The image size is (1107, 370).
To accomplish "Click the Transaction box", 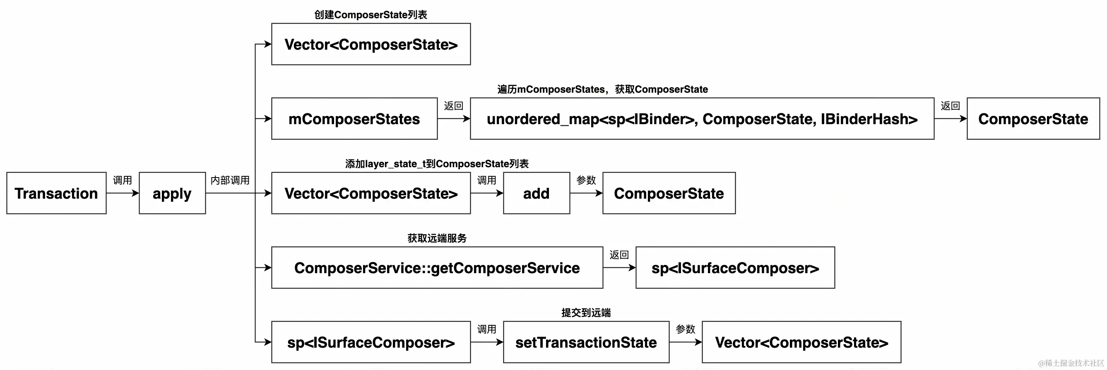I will [x=56, y=193].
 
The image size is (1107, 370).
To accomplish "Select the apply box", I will [x=172, y=193].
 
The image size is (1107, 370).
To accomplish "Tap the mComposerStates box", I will [x=354, y=119].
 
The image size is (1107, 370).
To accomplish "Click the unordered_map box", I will [x=702, y=119].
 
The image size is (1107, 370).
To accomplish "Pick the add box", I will [x=536, y=193].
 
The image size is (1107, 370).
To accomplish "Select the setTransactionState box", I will [x=586, y=342].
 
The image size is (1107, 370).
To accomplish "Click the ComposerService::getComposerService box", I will [x=437, y=267].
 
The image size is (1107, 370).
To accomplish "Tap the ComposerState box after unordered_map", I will [x=1032, y=119].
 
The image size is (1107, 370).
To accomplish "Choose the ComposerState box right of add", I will [x=669, y=193].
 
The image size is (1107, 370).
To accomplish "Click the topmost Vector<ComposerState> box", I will [x=371, y=44].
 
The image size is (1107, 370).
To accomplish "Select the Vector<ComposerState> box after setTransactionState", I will [x=801, y=342].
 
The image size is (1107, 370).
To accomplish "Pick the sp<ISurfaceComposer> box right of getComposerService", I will [x=735, y=267].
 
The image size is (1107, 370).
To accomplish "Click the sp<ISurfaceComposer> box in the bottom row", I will [x=371, y=342].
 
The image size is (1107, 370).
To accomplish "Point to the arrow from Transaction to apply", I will [x=123, y=193].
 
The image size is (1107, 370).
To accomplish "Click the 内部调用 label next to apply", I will [x=230, y=180].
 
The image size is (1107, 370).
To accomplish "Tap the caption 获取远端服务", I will [x=437, y=238].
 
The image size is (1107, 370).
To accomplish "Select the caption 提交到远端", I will [x=586, y=312].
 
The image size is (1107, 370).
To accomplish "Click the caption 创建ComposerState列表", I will [x=371, y=14].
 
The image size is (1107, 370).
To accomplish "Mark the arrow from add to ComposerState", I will [x=586, y=193].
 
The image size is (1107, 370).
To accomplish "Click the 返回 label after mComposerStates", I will [x=453, y=106].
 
